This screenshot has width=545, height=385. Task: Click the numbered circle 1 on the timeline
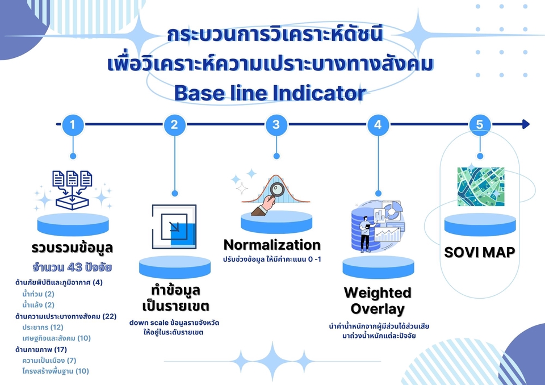pos(72,124)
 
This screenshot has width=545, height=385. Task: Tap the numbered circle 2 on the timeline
pos(174,124)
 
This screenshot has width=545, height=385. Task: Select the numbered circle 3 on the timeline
pos(276,124)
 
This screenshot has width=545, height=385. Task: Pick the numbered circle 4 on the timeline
pos(378,124)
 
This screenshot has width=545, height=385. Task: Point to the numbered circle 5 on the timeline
pos(480,124)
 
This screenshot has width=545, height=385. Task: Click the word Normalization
pos(272,245)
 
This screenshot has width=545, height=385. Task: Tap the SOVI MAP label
pos(479,252)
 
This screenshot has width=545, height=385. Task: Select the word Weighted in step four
pos(378,293)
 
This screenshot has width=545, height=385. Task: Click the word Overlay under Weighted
pos(378,309)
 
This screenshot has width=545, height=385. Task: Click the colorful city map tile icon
pos(480,186)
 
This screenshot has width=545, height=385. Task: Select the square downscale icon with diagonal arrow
pos(174,226)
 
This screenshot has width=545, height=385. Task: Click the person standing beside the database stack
pos(365,233)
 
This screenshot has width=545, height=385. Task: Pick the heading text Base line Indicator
pos(270,93)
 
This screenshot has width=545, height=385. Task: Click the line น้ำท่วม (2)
pos(38,294)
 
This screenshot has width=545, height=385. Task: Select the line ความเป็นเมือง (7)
pos(49,360)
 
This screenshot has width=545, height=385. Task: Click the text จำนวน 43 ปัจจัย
pos(72,267)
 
